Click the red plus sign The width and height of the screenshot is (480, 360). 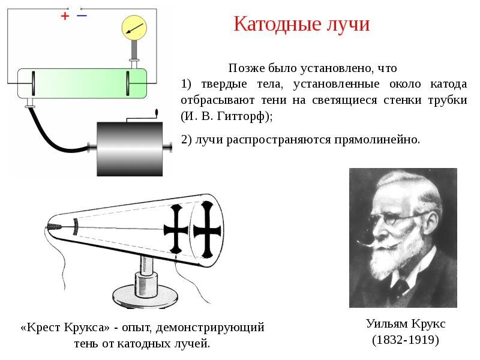coord(65,17)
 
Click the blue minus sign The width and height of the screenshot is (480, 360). coord(82,16)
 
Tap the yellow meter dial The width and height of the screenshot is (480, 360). coord(134,28)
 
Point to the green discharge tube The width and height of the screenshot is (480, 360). coord(82,83)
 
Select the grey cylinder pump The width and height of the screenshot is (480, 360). coord(129,147)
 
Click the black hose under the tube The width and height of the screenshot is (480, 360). coord(48,134)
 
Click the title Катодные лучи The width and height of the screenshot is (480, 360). coord(301,25)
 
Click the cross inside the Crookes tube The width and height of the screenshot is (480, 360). coord(177,228)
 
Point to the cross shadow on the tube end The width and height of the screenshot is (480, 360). coord(207,227)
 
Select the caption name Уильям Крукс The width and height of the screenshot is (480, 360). coord(406,323)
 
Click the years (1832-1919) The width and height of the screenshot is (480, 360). coord(406,340)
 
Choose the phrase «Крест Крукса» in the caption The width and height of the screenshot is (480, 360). coord(66,328)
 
